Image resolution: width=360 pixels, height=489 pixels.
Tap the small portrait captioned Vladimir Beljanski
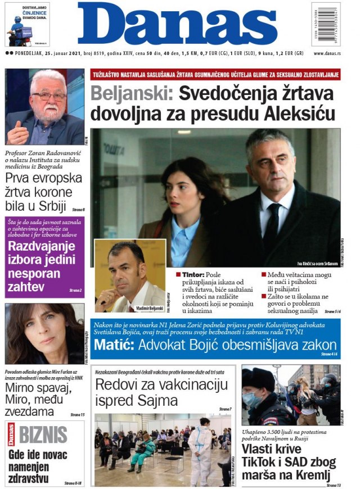coord(130,275)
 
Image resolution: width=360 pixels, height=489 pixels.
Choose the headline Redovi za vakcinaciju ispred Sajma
coord(161,392)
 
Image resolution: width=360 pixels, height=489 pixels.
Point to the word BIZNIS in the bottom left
coord(44,434)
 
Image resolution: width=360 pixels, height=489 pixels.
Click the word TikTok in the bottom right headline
coord(261,463)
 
